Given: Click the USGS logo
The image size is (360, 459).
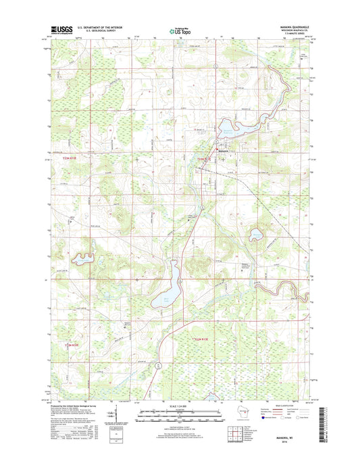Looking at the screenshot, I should tap(61, 29).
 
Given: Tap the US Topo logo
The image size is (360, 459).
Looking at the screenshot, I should tap(179, 30).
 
